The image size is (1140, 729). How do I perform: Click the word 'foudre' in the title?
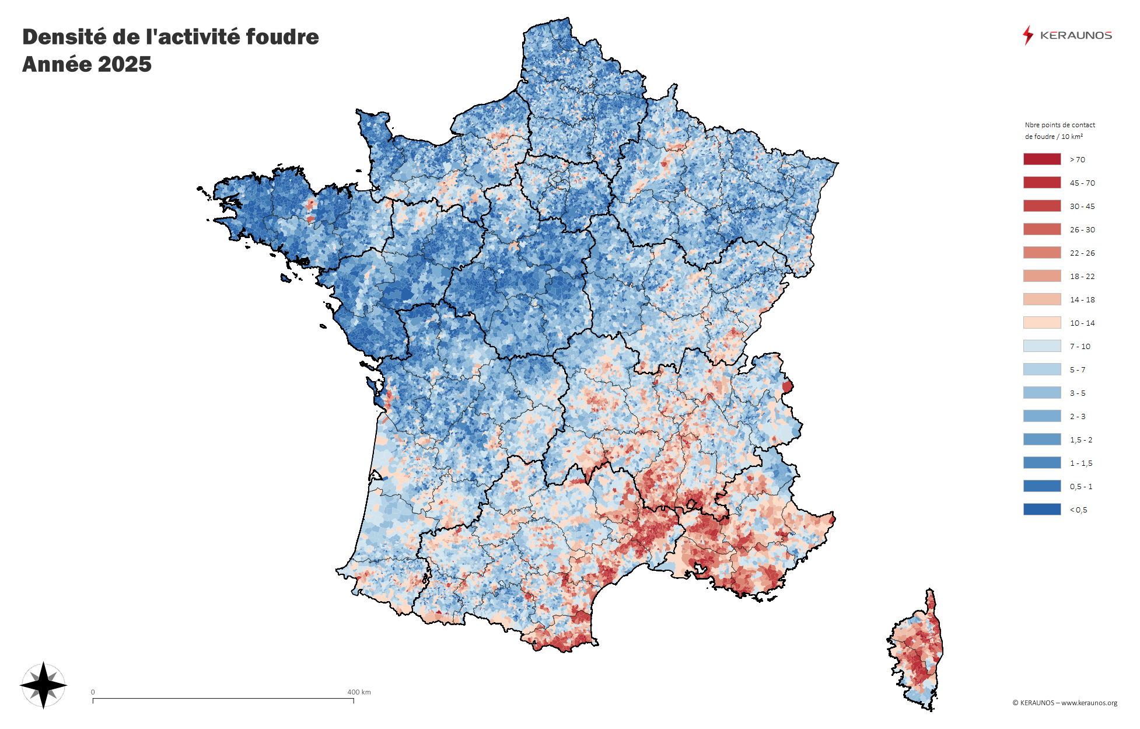coord(282,37)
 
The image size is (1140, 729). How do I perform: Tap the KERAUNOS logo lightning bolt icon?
coord(1027,35)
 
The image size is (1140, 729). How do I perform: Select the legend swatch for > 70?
coord(1041,159)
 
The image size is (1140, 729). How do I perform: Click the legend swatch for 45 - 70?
coord(1041,183)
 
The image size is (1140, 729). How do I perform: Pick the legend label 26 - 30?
coord(1082,230)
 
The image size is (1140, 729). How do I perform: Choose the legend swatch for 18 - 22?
coord(1041,276)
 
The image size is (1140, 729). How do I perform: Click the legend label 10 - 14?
coord(1082,323)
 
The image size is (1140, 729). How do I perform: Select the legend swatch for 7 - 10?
coord(1041,346)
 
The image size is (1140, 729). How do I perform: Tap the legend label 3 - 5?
coord(1077,393)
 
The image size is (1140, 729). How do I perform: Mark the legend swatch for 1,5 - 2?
coord(1041,440)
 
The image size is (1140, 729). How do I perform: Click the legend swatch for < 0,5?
coord(1041,510)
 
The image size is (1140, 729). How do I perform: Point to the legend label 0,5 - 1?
coord(1080,487)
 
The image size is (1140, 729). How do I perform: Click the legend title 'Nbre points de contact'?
coord(1059,125)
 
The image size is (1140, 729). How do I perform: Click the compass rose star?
coord(43,685)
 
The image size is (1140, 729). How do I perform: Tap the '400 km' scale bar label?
coord(359,692)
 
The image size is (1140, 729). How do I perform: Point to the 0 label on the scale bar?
coord(93,692)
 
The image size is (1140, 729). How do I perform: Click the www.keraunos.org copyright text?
coord(1089,703)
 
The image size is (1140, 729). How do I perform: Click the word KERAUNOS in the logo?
coord(1076,36)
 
